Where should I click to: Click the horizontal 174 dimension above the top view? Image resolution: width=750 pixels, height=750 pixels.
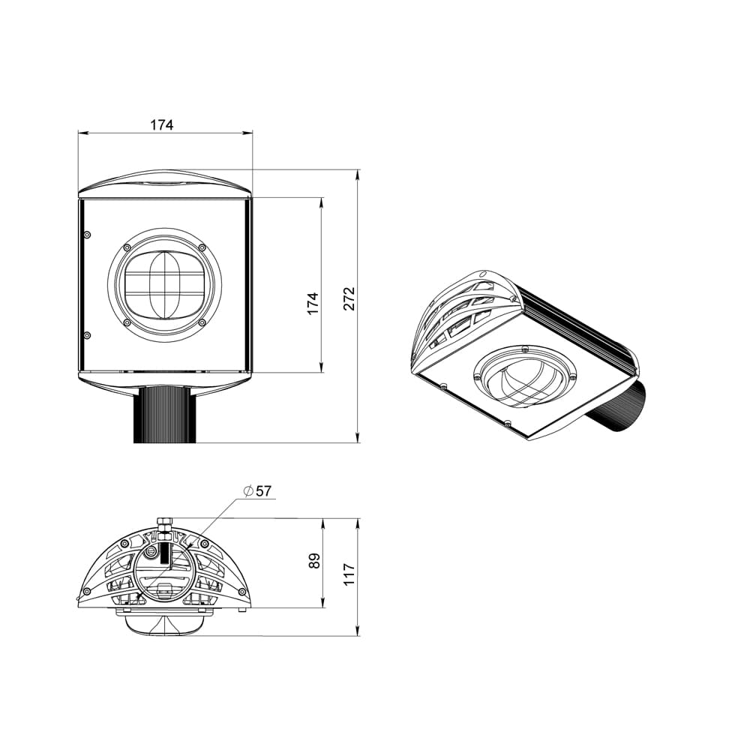pyautogui.click(x=161, y=124)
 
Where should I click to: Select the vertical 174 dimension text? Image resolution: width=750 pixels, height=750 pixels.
pyautogui.click(x=313, y=303)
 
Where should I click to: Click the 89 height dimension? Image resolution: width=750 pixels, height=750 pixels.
pyautogui.click(x=313, y=560)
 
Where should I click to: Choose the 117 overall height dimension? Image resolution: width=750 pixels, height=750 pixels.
pyautogui.click(x=349, y=576)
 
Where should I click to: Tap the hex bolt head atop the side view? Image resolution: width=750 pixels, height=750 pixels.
pyautogui.click(x=165, y=521)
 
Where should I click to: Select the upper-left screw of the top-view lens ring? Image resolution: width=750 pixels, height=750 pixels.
pyautogui.click(x=127, y=247)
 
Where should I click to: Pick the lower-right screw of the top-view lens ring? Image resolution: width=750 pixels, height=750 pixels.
pyautogui.click(x=202, y=323)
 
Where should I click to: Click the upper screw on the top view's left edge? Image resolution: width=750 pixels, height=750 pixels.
pyautogui.click(x=87, y=235)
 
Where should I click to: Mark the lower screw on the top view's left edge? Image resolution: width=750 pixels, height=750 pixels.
pyautogui.click(x=87, y=334)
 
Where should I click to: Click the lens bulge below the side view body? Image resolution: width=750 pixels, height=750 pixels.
pyautogui.click(x=164, y=622)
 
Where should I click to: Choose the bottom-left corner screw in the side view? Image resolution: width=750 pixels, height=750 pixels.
pyautogui.click(x=87, y=592)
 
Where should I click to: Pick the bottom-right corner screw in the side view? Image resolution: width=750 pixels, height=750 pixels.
pyautogui.click(x=241, y=592)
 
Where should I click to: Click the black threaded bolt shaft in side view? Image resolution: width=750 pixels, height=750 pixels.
pyautogui.click(x=165, y=555)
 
